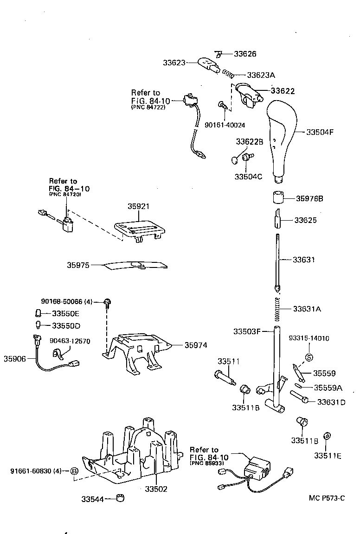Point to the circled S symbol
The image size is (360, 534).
pyautogui.click(x=309, y=357)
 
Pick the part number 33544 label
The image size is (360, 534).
pyautogui.click(x=92, y=499)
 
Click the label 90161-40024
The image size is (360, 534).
pyautogui.click(x=225, y=125)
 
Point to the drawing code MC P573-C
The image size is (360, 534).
pyautogui.click(x=327, y=498)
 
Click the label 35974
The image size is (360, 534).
pyautogui.click(x=195, y=345)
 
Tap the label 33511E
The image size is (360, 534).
pyautogui.click(x=328, y=456)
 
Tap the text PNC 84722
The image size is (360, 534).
pyautogui.click(x=148, y=107)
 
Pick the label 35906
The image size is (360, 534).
pyautogui.click(x=15, y=358)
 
